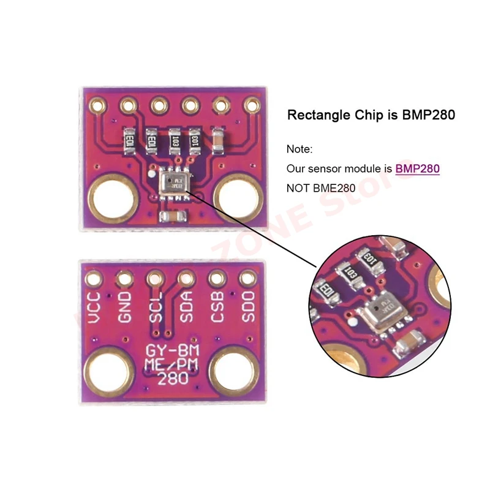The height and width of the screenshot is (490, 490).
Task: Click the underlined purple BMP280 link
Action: (418, 168)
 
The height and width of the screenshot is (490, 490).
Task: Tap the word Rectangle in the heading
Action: (316, 115)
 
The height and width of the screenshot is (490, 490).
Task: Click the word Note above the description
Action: (299, 149)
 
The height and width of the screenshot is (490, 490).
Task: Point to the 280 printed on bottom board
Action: (169, 380)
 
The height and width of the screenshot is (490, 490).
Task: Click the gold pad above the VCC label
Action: (94, 279)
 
